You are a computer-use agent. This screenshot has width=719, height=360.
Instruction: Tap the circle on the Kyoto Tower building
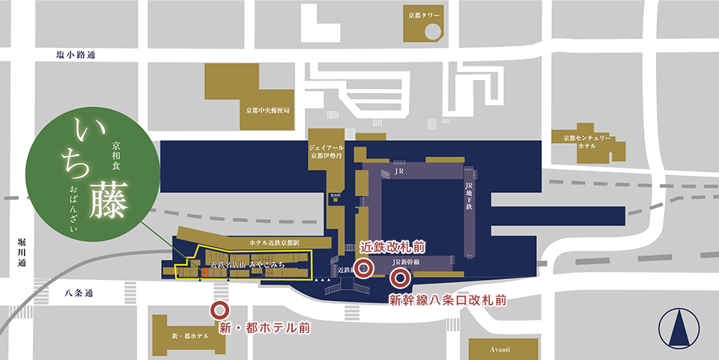[x=433, y=31]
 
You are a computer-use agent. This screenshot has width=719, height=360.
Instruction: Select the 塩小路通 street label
[x=76, y=55]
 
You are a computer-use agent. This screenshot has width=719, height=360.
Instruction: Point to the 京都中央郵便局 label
[x=262, y=110]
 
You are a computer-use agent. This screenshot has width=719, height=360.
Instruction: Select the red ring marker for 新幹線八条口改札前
[x=400, y=280]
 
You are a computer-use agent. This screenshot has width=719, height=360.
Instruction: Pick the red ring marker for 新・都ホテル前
[x=219, y=310]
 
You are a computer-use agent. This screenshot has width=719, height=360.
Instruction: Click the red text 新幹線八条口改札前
[x=448, y=300]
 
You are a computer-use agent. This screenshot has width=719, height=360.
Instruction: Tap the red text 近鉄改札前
[x=394, y=246]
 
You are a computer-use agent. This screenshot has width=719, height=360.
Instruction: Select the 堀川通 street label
[x=23, y=252]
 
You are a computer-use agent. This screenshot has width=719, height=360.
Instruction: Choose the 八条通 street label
[x=72, y=295]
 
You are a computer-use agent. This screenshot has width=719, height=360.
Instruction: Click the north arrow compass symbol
[x=678, y=328]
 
